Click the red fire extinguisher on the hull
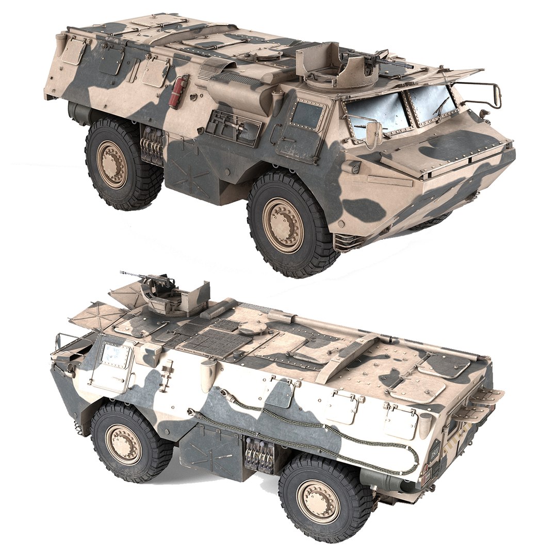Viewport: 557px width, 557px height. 177,91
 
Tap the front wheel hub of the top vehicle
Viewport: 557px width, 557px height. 283,225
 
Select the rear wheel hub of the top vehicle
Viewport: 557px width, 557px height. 112,164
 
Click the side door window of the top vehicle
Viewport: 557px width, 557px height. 307,115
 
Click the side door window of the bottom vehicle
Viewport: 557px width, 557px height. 115,354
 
